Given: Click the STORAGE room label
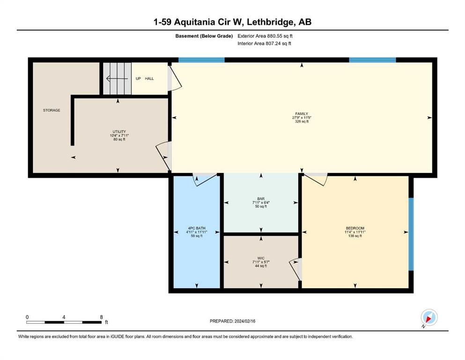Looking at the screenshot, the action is click(x=52, y=110).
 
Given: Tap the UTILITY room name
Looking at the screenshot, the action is click(x=119, y=131).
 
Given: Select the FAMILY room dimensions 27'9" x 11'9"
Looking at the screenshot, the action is click(x=302, y=118).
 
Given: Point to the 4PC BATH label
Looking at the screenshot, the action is click(x=197, y=228).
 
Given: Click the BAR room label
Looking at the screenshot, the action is click(x=261, y=199).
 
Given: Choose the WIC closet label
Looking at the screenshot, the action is click(x=261, y=258).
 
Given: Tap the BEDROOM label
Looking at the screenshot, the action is click(x=355, y=228).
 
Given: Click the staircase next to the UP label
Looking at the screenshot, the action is click(x=117, y=79).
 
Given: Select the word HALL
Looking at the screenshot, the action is click(x=149, y=79).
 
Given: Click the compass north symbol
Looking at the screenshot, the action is click(x=429, y=318).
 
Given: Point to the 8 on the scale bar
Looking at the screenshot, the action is click(x=102, y=317).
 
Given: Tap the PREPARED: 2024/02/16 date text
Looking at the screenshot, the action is click(x=232, y=321).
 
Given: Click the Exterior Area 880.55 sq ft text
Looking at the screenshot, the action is click(x=265, y=36).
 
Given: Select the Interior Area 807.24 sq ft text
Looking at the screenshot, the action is click(x=264, y=43).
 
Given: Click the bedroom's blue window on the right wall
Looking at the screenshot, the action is click(x=411, y=234).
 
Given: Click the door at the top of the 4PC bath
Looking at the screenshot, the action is click(x=205, y=179).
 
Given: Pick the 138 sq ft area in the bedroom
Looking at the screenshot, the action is click(x=355, y=236).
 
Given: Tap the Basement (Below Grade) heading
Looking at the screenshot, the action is click(x=204, y=36).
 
